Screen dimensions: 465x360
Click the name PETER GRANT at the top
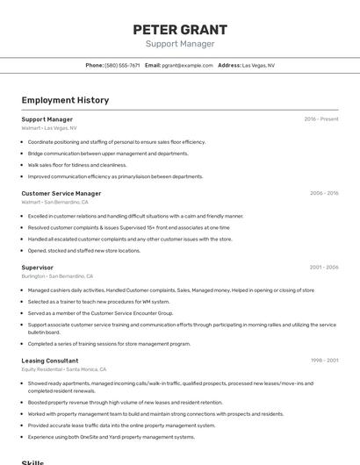179,30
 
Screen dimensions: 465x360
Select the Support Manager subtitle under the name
179,44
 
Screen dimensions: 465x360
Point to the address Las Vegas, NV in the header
258,65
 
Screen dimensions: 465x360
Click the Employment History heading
65,100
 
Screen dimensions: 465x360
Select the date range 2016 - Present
321,118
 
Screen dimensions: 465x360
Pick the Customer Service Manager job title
61,193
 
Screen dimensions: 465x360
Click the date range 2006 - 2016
323,193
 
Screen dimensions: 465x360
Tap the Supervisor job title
38,267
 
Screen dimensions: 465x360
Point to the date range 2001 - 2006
323,267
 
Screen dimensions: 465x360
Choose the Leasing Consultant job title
50,361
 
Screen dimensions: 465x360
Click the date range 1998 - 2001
323,361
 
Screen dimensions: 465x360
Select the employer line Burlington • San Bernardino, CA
58,275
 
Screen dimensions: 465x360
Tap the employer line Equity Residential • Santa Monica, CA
64,369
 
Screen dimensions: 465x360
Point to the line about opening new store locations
83,250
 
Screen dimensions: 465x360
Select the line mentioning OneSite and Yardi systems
111,436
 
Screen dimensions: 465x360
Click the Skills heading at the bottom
33,461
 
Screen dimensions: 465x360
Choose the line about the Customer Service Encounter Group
100,312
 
